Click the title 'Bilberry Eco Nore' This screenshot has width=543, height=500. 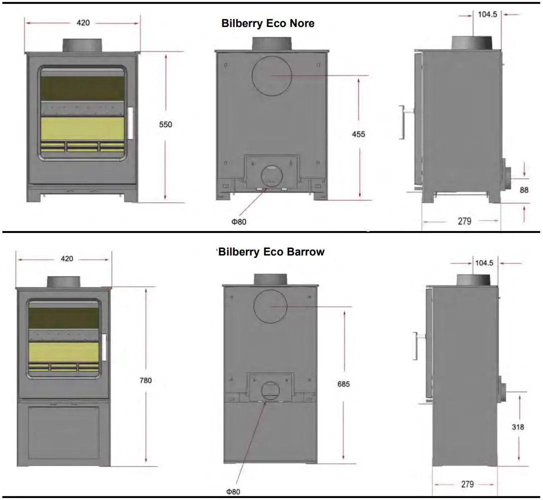click(268, 23)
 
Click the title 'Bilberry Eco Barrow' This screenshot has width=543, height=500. click(271, 252)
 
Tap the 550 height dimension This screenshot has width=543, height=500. click(165, 124)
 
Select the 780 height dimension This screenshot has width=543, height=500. click(145, 380)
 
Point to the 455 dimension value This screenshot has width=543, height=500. click(358, 134)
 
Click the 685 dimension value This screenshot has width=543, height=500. click(344, 384)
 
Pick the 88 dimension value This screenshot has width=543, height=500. click(524, 190)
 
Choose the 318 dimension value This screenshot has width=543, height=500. click(518, 427)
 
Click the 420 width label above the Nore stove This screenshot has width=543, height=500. click(83, 22)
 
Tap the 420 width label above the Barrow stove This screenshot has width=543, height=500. click(66, 258)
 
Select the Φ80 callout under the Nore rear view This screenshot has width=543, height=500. click(239, 222)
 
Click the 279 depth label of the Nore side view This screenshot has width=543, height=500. click(465, 221)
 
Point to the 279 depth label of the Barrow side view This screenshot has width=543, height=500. click(467, 484)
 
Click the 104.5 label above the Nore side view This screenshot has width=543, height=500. click(488, 14)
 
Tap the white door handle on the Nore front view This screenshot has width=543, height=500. click(131, 123)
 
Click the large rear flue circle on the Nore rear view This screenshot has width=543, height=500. click(272, 75)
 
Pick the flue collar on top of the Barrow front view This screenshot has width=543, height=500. click(63, 281)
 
